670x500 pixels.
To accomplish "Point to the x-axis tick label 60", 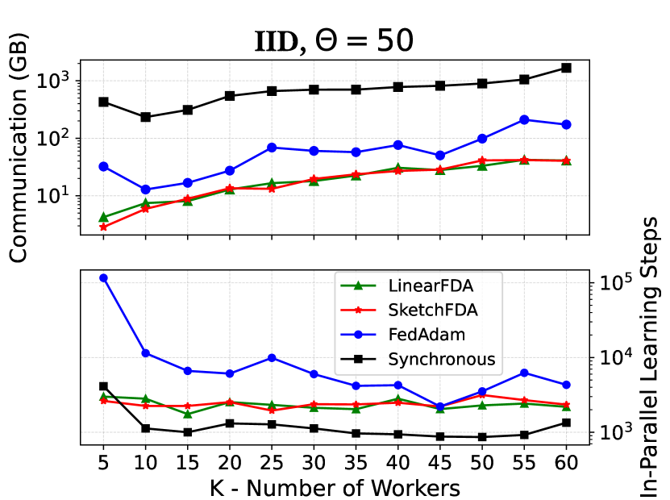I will (566, 464).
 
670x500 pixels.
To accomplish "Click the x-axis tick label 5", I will (103, 464).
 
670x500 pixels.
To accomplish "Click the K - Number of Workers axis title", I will (335, 488).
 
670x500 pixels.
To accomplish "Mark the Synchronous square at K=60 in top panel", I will (566, 68).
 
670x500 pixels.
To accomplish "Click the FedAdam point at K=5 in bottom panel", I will (103, 278).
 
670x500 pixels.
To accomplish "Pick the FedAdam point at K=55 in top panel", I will (524, 119).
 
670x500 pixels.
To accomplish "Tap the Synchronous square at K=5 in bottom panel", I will (103, 386).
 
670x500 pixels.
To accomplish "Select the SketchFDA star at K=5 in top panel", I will (103, 227).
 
